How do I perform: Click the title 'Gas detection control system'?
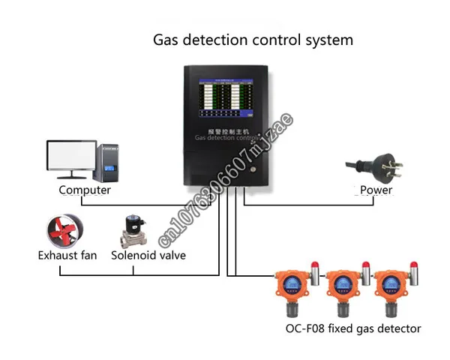tap(252, 40)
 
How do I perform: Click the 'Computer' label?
tap(85, 190)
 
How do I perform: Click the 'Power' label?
tap(376, 190)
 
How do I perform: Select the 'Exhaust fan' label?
tap(67, 255)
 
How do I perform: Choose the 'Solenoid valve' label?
tap(148, 255)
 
